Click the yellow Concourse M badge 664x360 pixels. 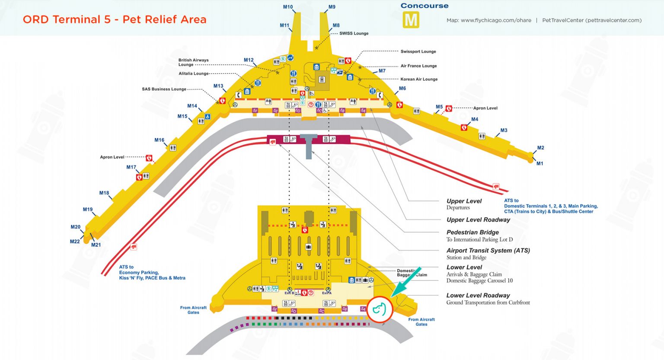pos(411,20)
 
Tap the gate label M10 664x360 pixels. pos(288,7)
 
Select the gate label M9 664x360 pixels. pos(332,7)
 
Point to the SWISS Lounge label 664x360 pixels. pos(354,33)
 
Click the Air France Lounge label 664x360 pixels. pos(418,66)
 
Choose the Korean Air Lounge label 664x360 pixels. pos(418,79)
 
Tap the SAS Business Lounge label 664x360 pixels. pos(164,89)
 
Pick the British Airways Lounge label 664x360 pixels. pos(193,62)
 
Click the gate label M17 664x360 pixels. pos(131,167)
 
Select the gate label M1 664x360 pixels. pos(539,163)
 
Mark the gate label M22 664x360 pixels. pos(75,242)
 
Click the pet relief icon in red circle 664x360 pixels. pos(379,309)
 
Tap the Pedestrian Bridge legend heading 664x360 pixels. pos(472,232)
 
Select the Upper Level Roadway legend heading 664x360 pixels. pos(478,220)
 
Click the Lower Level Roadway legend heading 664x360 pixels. pos(478,295)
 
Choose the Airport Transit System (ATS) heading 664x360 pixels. pos(488,250)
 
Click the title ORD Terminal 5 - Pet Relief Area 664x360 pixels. pos(115,19)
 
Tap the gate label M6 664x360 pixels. pos(402,88)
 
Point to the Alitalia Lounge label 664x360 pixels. pos(194,73)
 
